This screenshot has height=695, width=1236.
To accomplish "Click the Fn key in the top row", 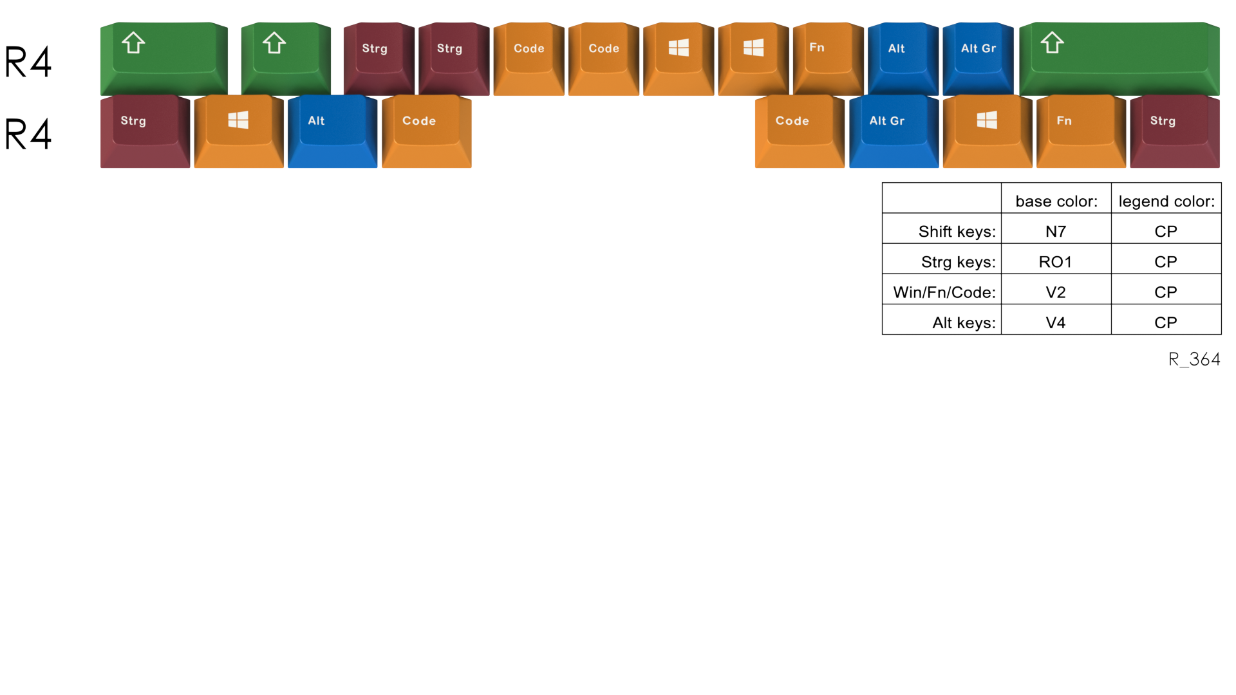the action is click(x=828, y=59).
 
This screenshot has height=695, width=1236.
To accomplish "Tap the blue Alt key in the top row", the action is click(x=903, y=59).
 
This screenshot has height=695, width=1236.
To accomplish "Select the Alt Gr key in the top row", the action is click(x=978, y=59).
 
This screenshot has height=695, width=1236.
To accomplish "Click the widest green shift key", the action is click(x=1119, y=59).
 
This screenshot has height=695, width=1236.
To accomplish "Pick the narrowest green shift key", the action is click(x=286, y=59).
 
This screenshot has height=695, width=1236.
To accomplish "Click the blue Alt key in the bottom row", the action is click(x=332, y=131).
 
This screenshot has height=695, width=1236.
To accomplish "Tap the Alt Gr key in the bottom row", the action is click(x=894, y=131).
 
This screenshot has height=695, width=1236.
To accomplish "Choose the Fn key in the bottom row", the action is click(x=1081, y=131).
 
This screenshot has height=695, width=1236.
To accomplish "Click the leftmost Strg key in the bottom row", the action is click(x=145, y=131).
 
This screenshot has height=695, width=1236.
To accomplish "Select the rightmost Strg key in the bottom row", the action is click(x=1175, y=131).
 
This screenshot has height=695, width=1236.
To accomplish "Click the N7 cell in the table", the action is click(x=1056, y=232).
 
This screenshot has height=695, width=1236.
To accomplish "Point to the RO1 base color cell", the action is click(x=1056, y=262).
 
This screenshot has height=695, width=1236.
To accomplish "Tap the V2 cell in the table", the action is click(x=1056, y=292).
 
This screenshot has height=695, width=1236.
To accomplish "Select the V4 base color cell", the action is click(x=1056, y=322).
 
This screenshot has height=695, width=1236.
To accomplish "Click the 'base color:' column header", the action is click(x=1056, y=201).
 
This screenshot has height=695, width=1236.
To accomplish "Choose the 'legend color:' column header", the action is click(x=1166, y=201).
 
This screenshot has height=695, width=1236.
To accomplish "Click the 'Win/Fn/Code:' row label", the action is click(x=944, y=292).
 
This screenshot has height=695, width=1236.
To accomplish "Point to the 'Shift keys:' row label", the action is click(x=957, y=232).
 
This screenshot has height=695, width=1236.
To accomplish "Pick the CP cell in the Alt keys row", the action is click(x=1166, y=322).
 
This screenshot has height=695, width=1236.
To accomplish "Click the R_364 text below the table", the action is click(x=1194, y=359).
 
